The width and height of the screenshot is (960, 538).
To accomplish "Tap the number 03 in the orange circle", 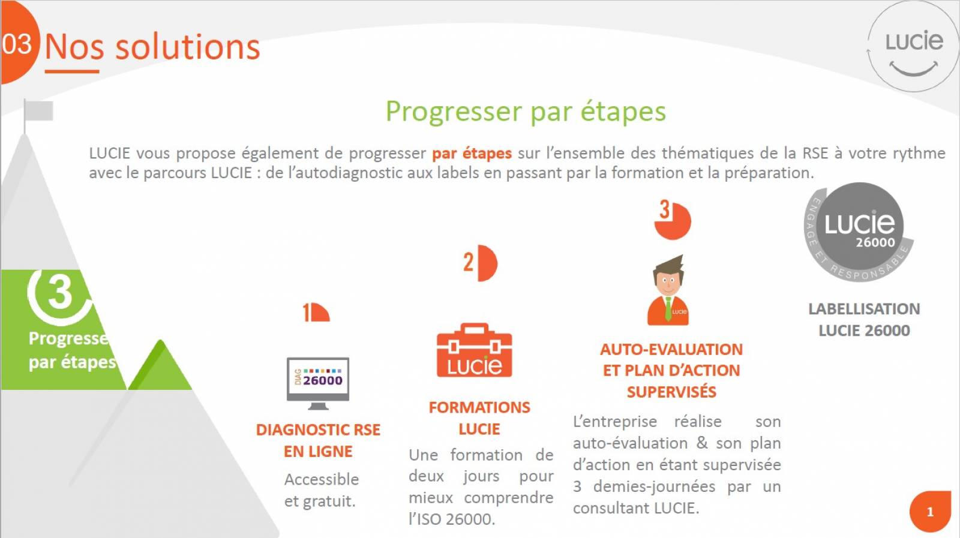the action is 17,44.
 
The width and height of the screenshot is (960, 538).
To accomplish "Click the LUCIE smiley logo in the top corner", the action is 913,46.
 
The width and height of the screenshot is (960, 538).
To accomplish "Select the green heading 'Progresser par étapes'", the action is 526,112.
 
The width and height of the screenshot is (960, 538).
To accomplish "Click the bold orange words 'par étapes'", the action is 472,154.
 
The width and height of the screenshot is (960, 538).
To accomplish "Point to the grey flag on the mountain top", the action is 38,112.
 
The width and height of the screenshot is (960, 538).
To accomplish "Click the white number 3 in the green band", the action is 59,292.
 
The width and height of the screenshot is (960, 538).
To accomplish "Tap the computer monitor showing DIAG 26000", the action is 317,383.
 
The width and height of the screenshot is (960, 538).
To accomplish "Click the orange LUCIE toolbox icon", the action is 475,350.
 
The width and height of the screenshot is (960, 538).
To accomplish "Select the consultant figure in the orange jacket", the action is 668,290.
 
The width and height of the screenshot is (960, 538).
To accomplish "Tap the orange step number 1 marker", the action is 316,312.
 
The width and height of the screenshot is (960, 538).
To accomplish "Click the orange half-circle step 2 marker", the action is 481,263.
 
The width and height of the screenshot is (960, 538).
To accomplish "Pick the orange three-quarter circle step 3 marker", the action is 673,220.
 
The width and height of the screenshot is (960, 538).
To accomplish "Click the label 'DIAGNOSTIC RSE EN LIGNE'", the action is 318,440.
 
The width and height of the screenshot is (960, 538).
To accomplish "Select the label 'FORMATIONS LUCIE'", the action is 479,418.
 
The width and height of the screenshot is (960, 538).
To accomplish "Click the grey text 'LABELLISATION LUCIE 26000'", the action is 864,320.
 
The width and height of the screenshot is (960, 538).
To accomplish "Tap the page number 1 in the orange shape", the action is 930,512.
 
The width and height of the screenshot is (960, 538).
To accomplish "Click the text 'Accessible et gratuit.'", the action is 322,490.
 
